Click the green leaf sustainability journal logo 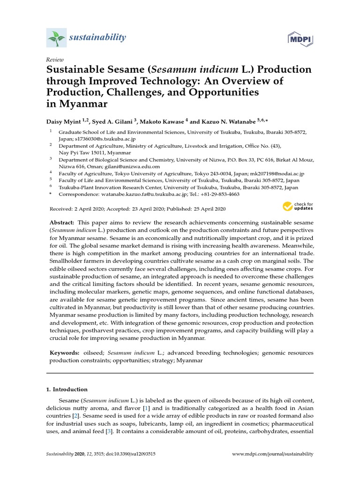click(56, 37)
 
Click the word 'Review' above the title click(54, 60)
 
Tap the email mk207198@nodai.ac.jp click(278, 173)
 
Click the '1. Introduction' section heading click(67, 389)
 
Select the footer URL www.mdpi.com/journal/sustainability click(272, 454)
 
